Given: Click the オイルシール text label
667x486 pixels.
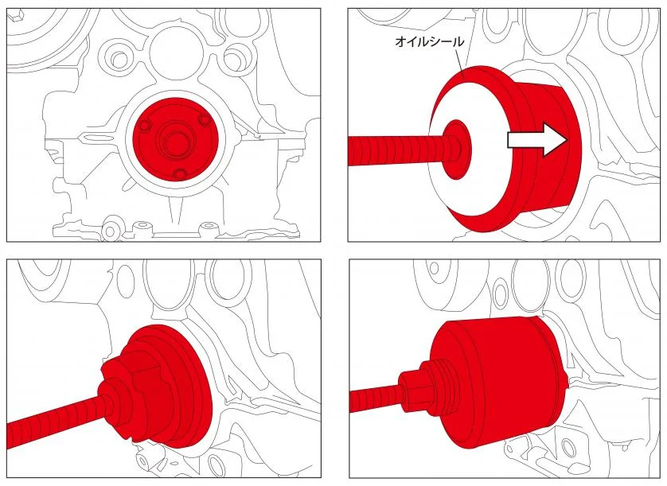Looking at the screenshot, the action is pyautogui.click(x=430, y=41).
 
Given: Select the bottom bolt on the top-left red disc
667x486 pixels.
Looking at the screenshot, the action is pyautogui.click(x=181, y=173).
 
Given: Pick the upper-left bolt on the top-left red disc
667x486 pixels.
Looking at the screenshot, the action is pyautogui.click(x=145, y=125).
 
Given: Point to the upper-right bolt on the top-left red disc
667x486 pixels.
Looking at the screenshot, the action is pyautogui.click(x=205, y=121).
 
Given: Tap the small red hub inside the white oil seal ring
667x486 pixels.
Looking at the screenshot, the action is pyautogui.click(x=456, y=149).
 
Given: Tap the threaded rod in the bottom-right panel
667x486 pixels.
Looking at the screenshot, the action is pyautogui.click(x=374, y=399).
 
